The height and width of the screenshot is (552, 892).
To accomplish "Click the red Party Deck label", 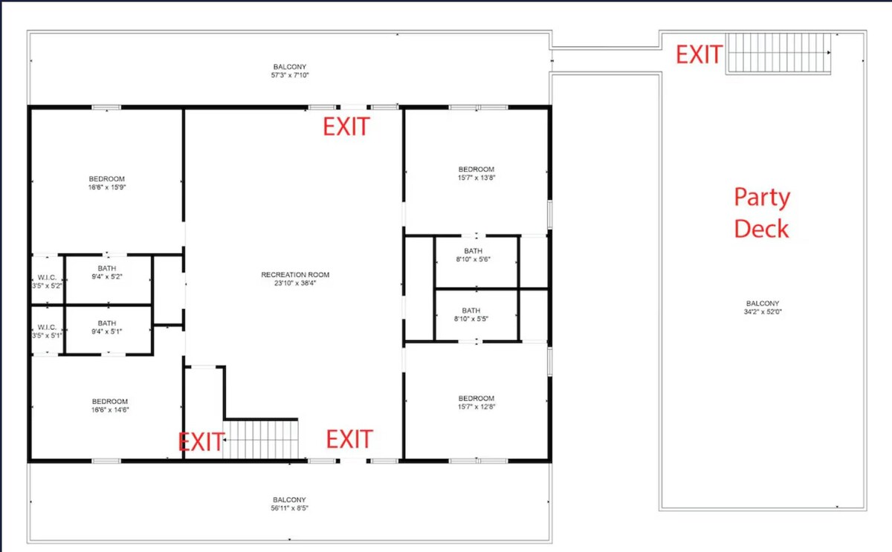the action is (x=762, y=213).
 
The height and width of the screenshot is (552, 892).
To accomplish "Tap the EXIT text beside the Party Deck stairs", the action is (x=699, y=54).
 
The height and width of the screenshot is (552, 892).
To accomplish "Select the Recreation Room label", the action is (x=295, y=279).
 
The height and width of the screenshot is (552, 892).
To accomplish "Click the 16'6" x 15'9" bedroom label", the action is (x=107, y=183).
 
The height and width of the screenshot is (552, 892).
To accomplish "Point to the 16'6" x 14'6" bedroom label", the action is (x=110, y=406).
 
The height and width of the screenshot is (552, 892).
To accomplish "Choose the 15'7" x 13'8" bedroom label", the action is (x=476, y=174).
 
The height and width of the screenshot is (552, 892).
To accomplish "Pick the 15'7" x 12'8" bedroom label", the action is (x=476, y=403).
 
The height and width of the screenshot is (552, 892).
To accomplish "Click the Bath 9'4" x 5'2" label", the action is (x=107, y=272).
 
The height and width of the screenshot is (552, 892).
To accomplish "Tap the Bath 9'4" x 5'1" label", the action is (x=107, y=327).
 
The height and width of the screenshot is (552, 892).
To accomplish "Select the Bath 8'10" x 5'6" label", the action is (x=473, y=255).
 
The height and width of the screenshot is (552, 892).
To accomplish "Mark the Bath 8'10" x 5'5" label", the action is (x=471, y=314).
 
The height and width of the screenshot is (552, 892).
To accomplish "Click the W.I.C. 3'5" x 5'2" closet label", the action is (x=47, y=282).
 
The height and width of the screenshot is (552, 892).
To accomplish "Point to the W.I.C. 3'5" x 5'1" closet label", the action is (x=47, y=331).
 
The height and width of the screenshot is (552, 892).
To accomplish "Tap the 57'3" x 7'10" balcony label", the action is (x=290, y=71).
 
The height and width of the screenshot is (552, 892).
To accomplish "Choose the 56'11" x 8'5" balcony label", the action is (x=289, y=504).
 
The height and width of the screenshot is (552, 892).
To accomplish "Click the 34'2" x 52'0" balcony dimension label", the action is (x=763, y=308).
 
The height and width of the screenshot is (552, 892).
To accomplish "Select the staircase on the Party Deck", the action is (x=778, y=53).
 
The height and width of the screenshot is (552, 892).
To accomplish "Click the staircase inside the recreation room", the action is (x=260, y=439).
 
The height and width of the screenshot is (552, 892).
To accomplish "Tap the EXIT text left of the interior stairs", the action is (x=201, y=442).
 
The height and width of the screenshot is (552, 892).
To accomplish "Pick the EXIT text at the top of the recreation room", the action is (x=346, y=126).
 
